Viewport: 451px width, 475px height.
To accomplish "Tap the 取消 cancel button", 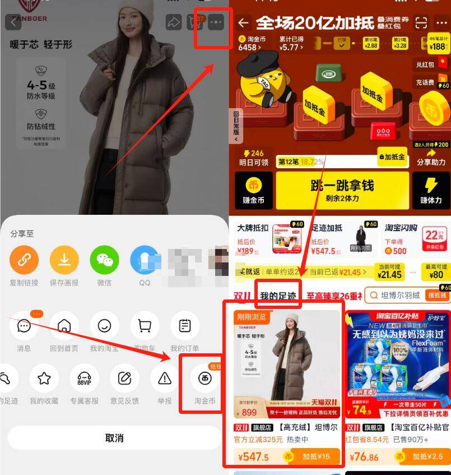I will click(114, 438).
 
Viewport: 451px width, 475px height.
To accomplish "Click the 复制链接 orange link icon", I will click(24, 260).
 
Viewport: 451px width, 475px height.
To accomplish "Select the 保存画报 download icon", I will click(64, 260).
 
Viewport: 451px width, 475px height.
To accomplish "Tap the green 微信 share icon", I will click(105, 260).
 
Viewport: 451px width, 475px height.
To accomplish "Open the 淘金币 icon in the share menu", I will click(204, 378).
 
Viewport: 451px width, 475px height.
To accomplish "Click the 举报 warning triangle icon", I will click(165, 378).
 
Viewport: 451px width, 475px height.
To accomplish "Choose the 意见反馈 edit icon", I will click(124, 378).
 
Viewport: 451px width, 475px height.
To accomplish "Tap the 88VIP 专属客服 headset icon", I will click(84, 378).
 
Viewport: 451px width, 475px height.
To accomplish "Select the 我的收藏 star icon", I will click(44, 378).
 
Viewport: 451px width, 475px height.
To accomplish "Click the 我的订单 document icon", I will click(185, 326).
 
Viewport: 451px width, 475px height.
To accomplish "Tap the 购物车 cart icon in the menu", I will click(145, 326).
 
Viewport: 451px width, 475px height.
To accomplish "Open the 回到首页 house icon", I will click(64, 326).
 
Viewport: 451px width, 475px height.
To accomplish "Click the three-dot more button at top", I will click(216, 23).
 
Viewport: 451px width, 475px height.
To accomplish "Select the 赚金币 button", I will click(253, 190).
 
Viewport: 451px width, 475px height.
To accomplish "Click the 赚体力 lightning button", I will click(431, 190).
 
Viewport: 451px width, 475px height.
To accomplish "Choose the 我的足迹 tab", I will click(277, 296).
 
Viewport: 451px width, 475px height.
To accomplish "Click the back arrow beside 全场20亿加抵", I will click(243, 23).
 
